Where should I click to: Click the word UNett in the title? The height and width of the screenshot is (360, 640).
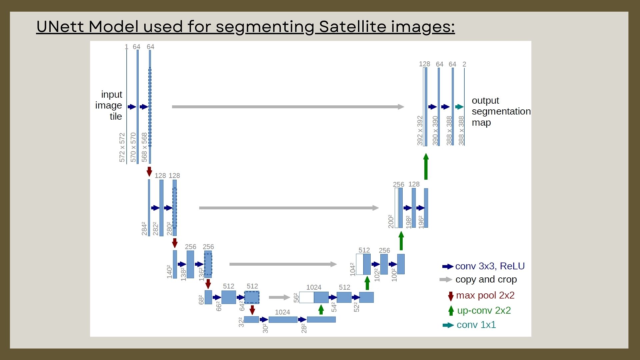[x=60, y=26]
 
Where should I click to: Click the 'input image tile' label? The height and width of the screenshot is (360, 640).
[x=109, y=105]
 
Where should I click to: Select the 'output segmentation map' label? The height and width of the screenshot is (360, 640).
[x=501, y=111]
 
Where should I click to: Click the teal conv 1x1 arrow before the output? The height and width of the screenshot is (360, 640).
[x=459, y=107]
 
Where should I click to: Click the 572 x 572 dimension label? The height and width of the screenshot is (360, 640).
[x=122, y=147]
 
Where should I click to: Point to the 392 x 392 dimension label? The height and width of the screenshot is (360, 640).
[x=420, y=130]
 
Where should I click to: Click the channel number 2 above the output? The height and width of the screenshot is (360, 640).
[x=464, y=64]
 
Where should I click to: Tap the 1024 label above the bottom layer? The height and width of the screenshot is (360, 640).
[x=282, y=312]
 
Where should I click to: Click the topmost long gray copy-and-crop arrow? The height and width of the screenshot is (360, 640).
[x=288, y=107]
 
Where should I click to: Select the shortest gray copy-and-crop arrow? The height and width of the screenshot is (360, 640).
[x=279, y=297]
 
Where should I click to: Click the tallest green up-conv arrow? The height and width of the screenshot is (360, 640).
[x=426, y=166]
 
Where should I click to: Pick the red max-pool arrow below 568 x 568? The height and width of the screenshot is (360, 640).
[x=149, y=172]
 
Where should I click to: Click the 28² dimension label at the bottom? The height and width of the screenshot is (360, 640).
[x=304, y=328]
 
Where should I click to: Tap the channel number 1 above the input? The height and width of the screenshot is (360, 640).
[x=126, y=47]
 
